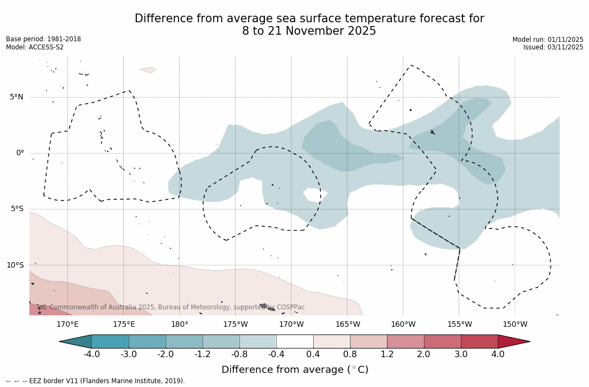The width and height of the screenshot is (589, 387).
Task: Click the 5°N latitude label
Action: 16,97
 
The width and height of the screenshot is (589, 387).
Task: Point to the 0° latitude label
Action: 20,153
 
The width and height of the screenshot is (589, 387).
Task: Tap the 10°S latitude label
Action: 15,265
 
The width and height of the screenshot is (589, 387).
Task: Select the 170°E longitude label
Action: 67,325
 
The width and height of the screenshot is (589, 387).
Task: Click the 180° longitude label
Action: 180,325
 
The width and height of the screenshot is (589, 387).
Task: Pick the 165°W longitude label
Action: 347,325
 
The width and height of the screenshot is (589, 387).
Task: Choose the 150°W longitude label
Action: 515,325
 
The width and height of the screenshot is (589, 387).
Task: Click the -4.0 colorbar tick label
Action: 91,354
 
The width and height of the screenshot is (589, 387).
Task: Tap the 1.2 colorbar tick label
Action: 387,354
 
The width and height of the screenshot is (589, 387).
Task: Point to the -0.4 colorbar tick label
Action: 276,354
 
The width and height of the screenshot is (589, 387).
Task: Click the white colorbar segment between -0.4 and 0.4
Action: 295,341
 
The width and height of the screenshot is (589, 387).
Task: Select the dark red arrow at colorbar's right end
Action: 512,341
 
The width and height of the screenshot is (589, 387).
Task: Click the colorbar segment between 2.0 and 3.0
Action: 442,341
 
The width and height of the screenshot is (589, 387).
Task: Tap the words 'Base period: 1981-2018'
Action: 43,39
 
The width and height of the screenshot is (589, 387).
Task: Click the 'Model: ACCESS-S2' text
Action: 35,47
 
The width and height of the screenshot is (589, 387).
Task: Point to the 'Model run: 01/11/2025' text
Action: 547,40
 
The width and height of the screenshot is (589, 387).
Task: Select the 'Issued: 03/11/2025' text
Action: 553,47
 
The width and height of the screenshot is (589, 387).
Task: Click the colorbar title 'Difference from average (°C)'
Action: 295,370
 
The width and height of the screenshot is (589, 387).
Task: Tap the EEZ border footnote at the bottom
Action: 96,381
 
